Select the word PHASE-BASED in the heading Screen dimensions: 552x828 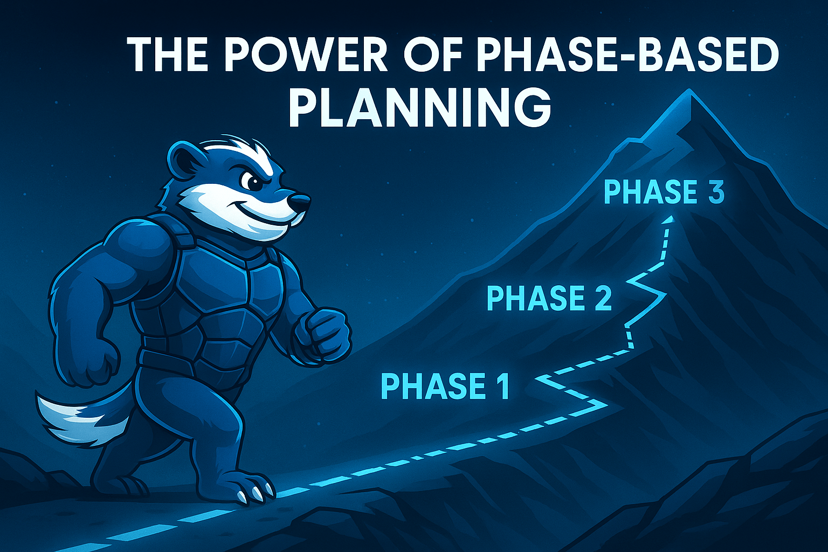click(x=628, y=55)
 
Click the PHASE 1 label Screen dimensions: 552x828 click(x=445, y=386)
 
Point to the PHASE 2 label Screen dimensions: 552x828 click(x=549, y=298)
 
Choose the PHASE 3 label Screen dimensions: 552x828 click(x=663, y=192)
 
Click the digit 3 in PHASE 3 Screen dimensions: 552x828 click(x=715, y=192)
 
